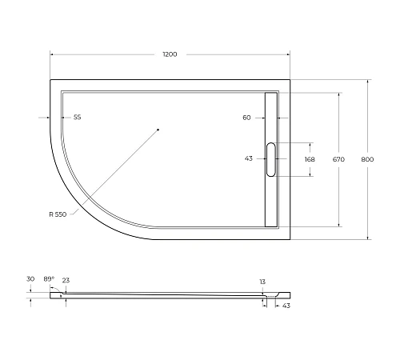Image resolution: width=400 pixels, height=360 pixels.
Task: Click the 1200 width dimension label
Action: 170,54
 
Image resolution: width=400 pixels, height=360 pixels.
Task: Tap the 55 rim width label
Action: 78,118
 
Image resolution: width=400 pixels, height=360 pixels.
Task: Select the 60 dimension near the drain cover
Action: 246,118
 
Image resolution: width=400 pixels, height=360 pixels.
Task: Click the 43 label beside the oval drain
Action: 249,158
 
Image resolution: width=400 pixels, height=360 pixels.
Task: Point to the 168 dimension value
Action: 310,158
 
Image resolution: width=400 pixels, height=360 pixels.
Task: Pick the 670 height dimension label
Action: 338,158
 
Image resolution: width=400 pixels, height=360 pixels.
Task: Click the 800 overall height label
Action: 367,158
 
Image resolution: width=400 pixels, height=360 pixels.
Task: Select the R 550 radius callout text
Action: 58,214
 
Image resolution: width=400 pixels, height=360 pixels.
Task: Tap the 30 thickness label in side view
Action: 30,278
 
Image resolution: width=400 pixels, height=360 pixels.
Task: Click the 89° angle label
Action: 48,278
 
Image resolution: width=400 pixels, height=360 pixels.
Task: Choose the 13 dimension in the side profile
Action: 262,282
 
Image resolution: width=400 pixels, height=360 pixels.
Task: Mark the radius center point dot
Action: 158,129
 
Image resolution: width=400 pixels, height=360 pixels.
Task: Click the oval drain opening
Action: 270,158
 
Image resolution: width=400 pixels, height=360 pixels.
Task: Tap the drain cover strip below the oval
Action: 270,200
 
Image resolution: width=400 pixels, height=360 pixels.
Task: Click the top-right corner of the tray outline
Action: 290,79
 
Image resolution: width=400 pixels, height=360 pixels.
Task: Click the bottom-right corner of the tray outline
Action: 290,238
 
